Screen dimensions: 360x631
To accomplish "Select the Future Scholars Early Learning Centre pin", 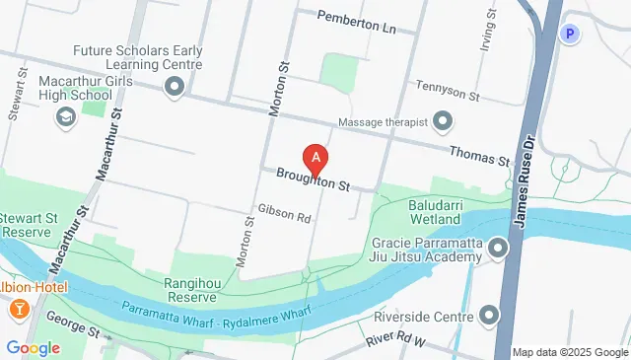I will click(x=175, y=89).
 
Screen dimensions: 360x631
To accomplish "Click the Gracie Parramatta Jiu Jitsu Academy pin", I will click(x=498, y=249).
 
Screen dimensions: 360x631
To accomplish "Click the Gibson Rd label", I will click(x=284, y=213).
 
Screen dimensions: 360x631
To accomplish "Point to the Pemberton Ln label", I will click(x=356, y=23).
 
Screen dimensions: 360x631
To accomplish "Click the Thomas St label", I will click(x=478, y=155).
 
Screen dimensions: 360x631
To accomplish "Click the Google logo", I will click(x=34, y=347).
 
